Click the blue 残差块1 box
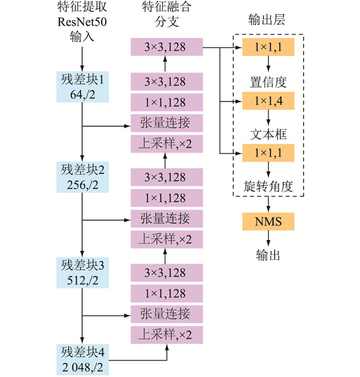tap(82, 87)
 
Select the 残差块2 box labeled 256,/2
tap(82, 176)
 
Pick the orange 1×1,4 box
tap(268, 101)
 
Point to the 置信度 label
tap(268, 81)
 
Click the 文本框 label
tap(268, 134)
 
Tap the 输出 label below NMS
tap(268, 254)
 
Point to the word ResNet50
tap(82, 23)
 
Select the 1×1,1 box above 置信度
tap(268, 48)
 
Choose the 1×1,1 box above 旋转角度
tap(268, 153)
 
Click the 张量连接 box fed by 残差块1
tap(165, 123)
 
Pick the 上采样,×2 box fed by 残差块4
tap(165, 335)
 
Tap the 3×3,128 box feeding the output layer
tap(165, 48)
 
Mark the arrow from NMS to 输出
tap(268, 237)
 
